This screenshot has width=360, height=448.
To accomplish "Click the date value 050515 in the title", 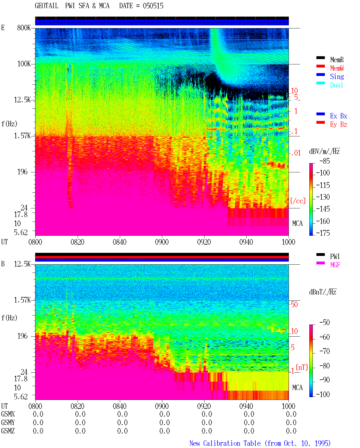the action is click(x=153, y=6).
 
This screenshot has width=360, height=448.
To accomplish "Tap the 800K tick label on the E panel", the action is click(x=24, y=28).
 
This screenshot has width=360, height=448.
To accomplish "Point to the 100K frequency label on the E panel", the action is click(x=24, y=64).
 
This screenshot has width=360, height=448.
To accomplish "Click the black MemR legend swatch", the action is click(x=320, y=58).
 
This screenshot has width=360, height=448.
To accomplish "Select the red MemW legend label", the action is click(x=337, y=68).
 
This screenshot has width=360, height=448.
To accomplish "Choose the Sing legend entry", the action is click(x=337, y=76).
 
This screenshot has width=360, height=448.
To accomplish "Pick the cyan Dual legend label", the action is click(x=337, y=85).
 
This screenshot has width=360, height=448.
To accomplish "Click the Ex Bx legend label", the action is click(x=339, y=116).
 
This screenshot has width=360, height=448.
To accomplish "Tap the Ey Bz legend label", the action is click(x=339, y=125).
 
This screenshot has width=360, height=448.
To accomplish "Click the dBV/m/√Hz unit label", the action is click(x=324, y=151).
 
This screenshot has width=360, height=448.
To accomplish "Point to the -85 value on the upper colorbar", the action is click(x=325, y=161).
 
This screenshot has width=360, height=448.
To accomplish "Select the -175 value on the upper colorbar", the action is click(x=323, y=233).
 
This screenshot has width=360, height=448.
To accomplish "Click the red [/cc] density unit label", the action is click(x=298, y=201).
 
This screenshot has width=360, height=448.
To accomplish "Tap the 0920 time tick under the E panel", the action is click(x=204, y=242).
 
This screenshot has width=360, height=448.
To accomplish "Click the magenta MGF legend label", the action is click(x=335, y=265).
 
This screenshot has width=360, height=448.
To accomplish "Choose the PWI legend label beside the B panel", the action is click(x=335, y=256).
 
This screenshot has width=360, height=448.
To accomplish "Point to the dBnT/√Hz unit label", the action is click(x=323, y=292).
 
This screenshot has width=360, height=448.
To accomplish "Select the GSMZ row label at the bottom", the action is click(x=8, y=431).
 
